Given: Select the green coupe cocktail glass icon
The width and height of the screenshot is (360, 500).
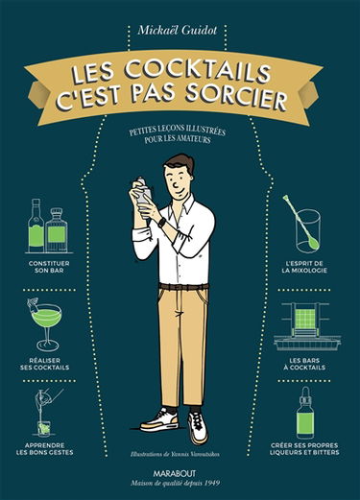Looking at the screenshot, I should (45, 323).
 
